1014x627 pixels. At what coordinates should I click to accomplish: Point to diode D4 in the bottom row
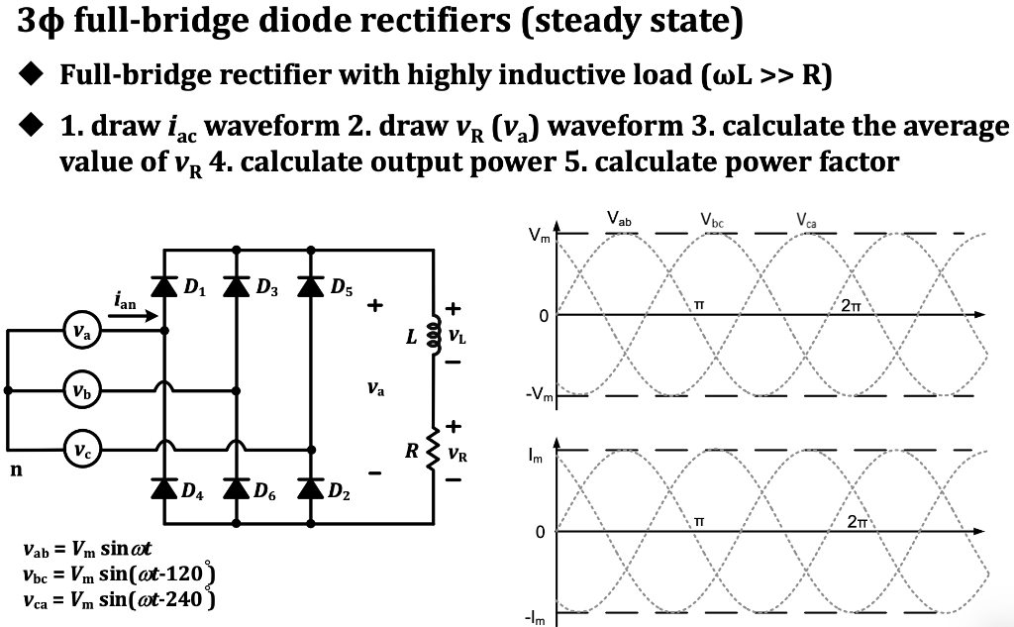click(x=163, y=486)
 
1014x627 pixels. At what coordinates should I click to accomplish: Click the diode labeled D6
click(x=236, y=486)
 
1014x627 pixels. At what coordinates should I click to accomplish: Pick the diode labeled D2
click(x=312, y=486)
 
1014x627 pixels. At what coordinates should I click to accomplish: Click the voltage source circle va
click(x=82, y=333)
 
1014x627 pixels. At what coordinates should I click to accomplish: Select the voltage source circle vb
click(x=82, y=388)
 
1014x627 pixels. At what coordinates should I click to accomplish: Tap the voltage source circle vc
click(x=82, y=446)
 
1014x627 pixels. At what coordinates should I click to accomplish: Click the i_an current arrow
click(x=134, y=317)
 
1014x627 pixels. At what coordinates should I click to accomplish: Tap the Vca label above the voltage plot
click(x=805, y=220)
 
